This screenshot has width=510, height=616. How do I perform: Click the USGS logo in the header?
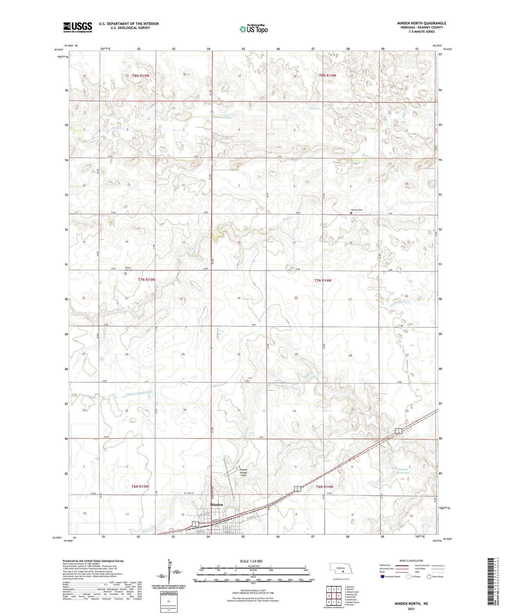tap(77, 27)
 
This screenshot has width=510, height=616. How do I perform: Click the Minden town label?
tap(216, 505)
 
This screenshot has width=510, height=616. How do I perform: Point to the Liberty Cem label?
tap(356, 210)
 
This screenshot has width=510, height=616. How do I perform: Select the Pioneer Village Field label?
tap(244, 472)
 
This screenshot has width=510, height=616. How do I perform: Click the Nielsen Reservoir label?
tap(402, 470)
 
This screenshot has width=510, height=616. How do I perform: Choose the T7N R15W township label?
tap(146, 280)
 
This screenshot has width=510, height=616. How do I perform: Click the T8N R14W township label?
tap(328, 76)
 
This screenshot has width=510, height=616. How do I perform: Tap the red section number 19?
tap(239, 298)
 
